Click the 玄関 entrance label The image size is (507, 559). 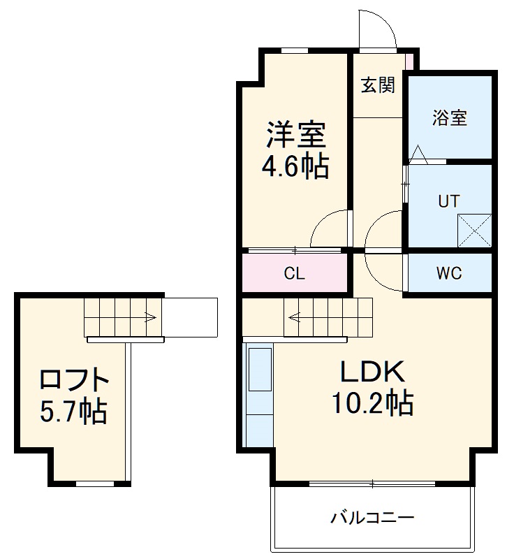click(x=378, y=85)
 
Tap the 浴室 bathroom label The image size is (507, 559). click(x=449, y=117)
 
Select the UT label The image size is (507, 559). click(x=449, y=202)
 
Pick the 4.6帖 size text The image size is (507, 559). click(x=295, y=166)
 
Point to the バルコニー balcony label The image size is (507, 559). click(x=372, y=518)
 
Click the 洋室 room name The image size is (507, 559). click(x=295, y=133)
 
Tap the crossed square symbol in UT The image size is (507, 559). click(x=474, y=230)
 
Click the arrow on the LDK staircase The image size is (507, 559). click(x=294, y=317)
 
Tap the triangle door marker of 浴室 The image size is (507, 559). click(x=418, y=154)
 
